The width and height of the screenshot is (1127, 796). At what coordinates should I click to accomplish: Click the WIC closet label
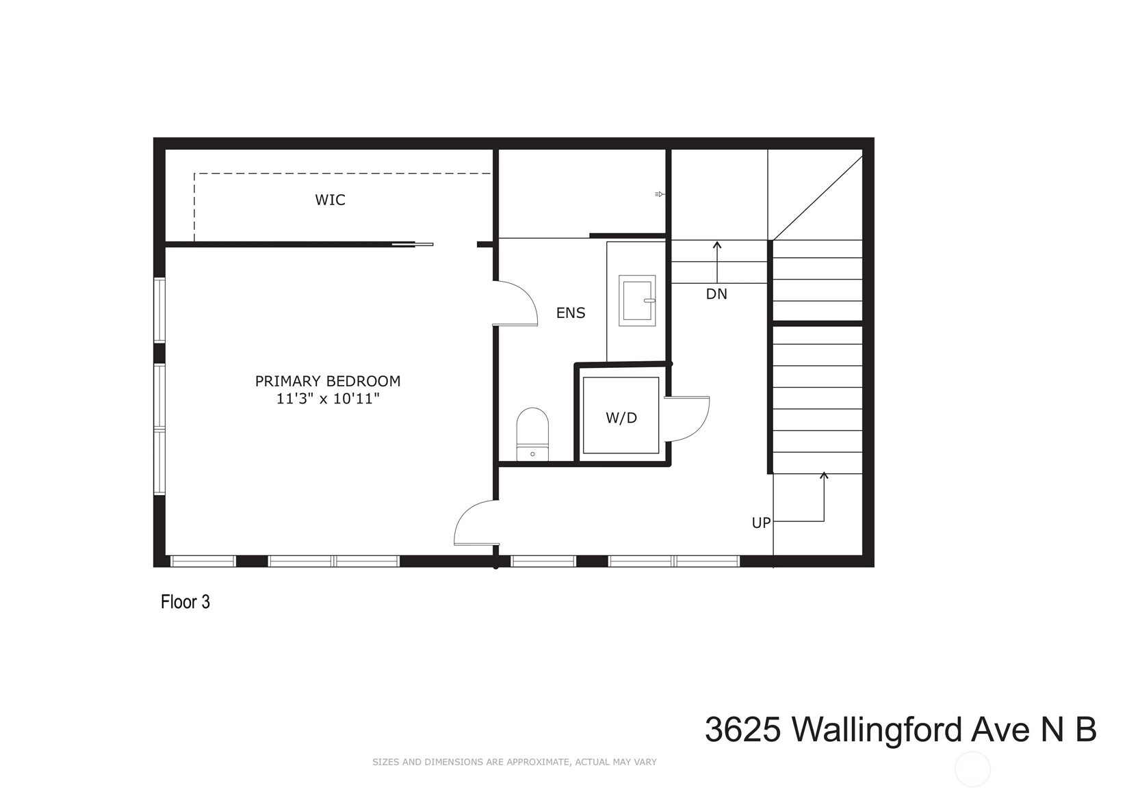coord(330,200)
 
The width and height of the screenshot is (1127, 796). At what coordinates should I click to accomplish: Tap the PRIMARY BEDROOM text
coord(328,381)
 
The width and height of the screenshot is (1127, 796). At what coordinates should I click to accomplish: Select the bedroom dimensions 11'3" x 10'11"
coord(328,399)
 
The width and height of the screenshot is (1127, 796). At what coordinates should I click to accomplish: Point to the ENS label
coord(571,313)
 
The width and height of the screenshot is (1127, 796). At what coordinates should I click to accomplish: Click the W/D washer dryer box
coord(621,415)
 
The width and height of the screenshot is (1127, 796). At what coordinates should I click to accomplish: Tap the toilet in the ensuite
coord(532,434)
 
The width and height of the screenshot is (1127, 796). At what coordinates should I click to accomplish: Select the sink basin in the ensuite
coord(637,300)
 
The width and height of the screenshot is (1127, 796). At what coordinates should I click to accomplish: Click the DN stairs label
coord(716,294)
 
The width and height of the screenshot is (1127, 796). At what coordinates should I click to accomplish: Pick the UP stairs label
coord(761,523)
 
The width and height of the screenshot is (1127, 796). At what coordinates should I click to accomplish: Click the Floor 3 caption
coord(185,602)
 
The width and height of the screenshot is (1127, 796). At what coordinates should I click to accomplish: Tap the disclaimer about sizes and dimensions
coord(514,762)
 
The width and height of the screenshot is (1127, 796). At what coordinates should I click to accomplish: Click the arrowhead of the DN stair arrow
coord(717,245)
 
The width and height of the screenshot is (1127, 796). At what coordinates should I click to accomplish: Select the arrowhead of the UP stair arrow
coord(824,475)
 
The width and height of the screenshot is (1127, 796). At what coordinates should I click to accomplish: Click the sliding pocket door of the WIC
coord(412,245)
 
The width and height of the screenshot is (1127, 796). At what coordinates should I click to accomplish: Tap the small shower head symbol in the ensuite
coord(659,194)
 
